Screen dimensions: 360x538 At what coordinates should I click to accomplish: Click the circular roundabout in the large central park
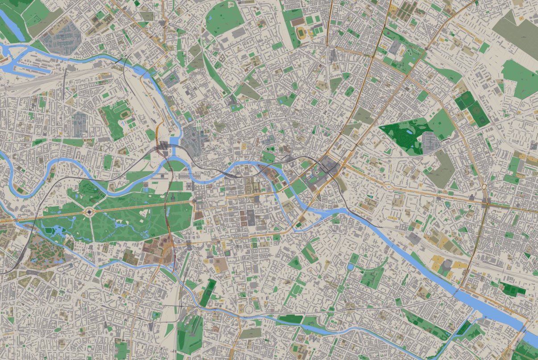[89, 212]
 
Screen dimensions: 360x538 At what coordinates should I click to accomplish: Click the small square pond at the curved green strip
[351, 267]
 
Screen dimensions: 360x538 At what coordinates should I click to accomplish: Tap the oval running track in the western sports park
[123, 114]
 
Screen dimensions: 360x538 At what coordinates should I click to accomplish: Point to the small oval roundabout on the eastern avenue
[484, 186]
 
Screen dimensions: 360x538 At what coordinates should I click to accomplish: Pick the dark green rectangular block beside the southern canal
[290, 319]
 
